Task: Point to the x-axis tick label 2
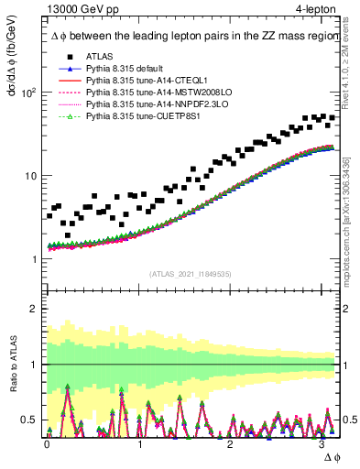pos(231,444)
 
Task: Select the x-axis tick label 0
pos(48,444)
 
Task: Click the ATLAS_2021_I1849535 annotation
pos(191,274)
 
